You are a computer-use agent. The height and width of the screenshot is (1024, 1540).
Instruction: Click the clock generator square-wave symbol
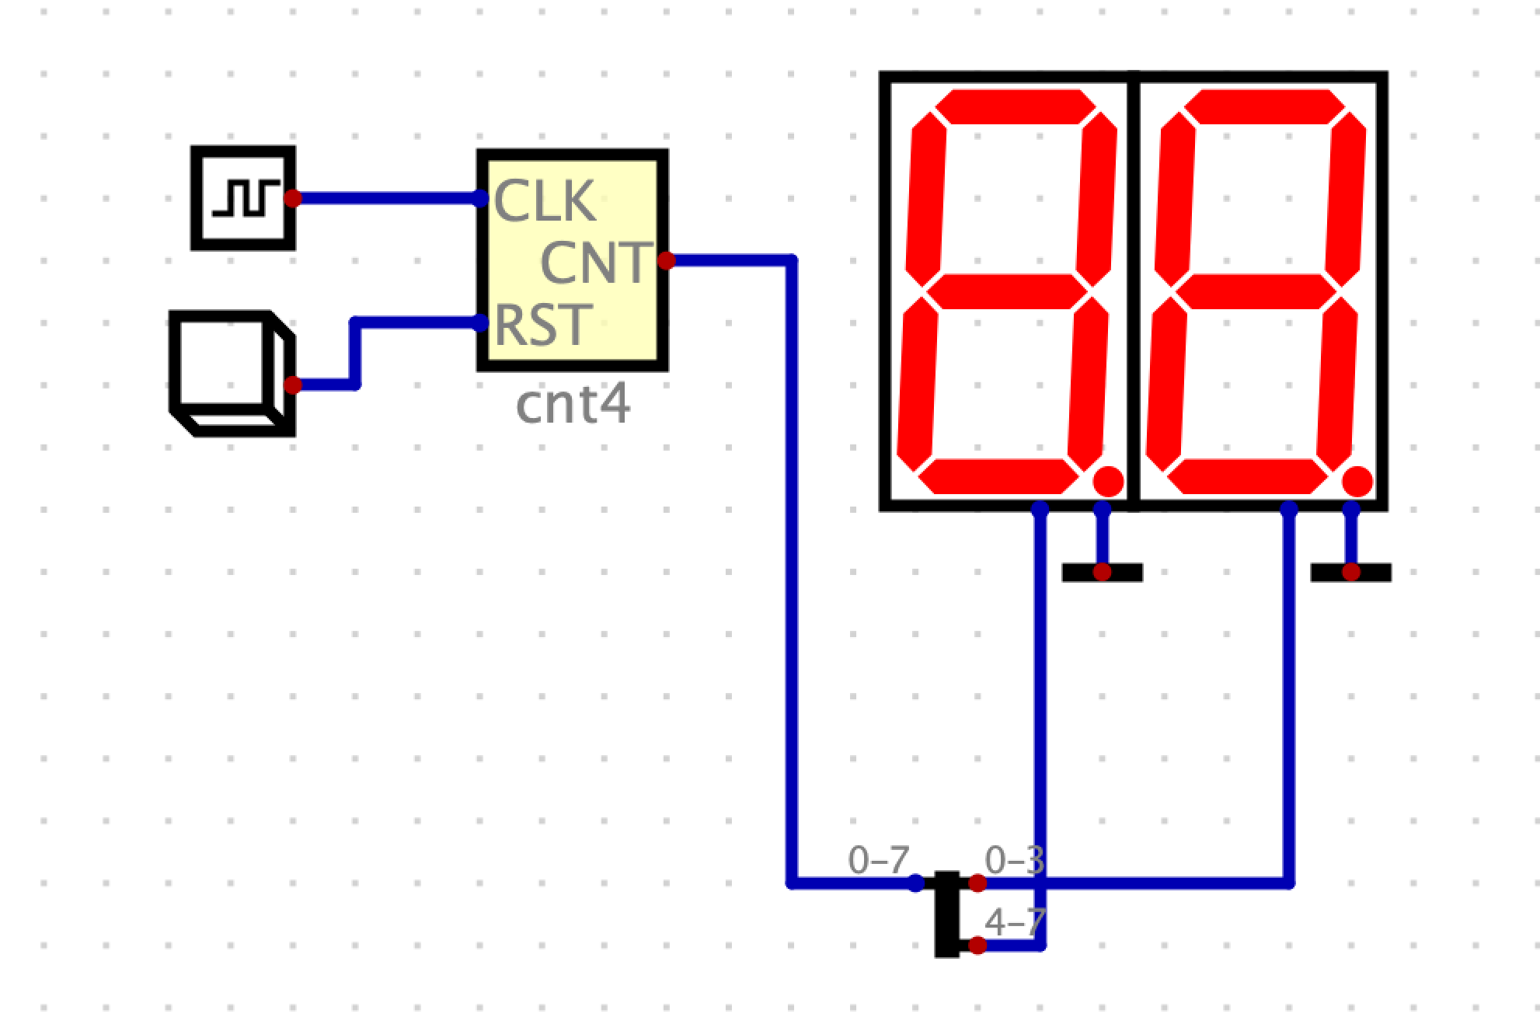pos(243,198)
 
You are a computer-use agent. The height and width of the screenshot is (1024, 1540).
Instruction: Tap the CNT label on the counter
pos(595,263)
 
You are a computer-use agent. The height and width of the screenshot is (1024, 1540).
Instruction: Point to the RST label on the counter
pos(542,325)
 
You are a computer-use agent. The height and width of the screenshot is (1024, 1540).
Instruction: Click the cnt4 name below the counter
pos(573,405)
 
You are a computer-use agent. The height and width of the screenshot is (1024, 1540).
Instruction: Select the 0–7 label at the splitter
pos(878,860)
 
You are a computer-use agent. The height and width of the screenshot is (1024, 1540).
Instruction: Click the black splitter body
pos(946,914)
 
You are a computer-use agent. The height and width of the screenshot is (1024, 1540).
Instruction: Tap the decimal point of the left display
pos(1108,481)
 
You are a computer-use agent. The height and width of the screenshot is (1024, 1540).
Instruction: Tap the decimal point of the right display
pos(1357,481)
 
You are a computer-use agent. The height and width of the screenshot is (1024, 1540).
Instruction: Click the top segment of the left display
pos(1014,106)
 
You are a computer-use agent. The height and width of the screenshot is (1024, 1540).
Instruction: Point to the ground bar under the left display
pos(1102,573)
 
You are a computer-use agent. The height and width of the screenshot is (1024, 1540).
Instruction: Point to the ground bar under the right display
pos(1350,573)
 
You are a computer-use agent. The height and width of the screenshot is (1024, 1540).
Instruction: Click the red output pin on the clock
pos(292,198)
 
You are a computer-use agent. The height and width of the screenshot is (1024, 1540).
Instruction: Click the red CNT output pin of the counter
pos(666,260)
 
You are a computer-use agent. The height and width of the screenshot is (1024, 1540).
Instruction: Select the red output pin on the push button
pos(292,385)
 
